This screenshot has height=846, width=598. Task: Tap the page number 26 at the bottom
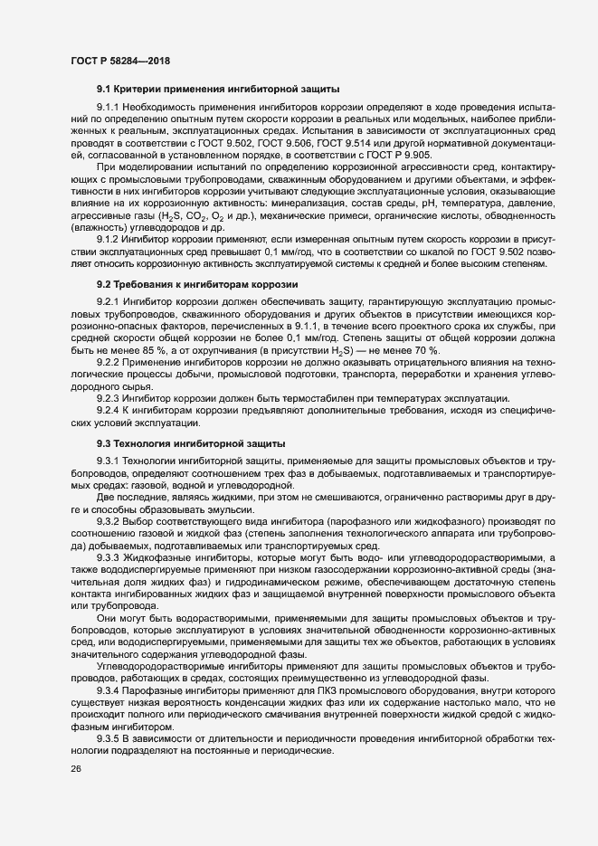pos(75,769)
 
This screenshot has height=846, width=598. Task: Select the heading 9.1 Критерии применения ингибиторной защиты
pos(218,90)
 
